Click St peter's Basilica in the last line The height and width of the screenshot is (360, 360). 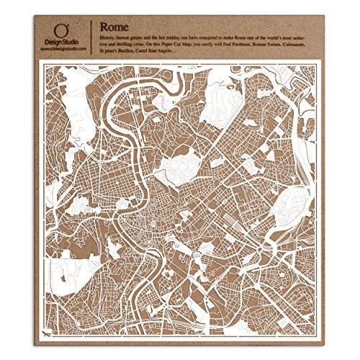coord(124,55)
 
